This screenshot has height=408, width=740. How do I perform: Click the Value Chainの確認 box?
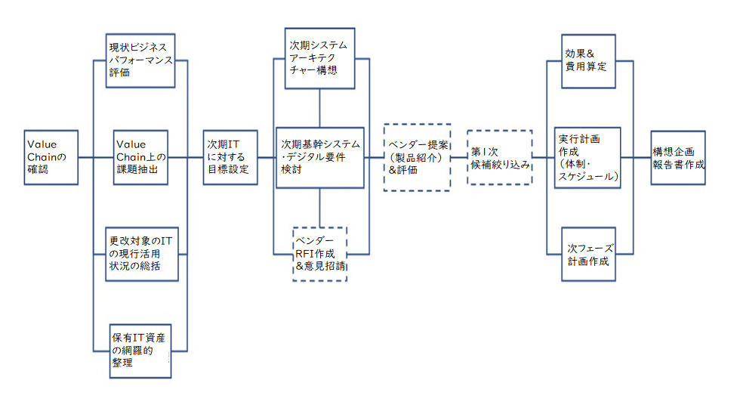point(51,157)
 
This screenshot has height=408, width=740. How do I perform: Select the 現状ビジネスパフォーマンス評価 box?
point(140,60)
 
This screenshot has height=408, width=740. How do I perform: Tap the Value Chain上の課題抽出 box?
point(140,157)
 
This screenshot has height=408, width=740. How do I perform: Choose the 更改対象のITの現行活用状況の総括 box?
point(142,254)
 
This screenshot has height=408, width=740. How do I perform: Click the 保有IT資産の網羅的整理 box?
point(140,351)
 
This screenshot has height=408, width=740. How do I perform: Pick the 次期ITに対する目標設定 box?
point(230,157)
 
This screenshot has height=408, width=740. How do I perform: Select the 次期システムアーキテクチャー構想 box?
point(319,58)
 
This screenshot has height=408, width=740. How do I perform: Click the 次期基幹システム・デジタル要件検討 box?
point(320,158)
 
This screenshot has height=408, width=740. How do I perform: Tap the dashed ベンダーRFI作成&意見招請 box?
point(320,254)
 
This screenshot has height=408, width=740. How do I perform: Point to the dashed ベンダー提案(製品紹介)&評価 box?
point(417,157)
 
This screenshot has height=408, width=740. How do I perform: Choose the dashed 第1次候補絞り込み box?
point(500,157)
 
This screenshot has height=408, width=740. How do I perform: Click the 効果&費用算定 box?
point(588,61)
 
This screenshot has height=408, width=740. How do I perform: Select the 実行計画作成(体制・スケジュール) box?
point(587,158)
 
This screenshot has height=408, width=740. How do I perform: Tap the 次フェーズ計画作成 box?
point(588,254)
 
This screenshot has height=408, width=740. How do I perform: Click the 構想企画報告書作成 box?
point(678,157)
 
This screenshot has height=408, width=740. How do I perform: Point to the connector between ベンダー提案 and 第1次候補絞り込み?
point(459,157)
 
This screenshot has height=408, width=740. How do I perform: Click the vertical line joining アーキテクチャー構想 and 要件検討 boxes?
point(319,108)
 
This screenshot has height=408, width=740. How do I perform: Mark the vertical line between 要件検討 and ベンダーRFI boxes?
point(319,208)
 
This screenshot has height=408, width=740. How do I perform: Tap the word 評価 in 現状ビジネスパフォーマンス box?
point(119,73)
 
